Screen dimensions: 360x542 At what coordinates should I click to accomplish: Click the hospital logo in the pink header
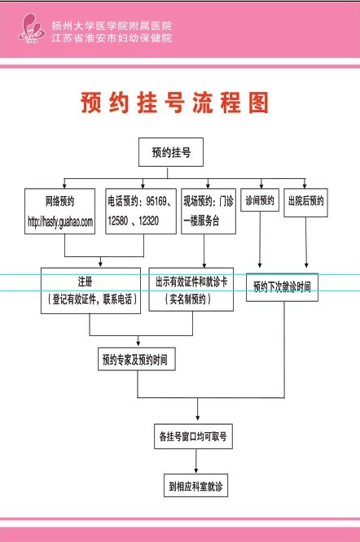[32, 28]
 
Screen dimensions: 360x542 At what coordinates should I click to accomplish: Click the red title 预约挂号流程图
[174, 103]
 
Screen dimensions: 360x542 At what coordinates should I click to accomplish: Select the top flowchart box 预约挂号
[171, 152]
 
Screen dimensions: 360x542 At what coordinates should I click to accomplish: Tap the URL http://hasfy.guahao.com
[60, 221]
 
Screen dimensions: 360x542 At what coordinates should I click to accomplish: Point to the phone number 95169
[156, 201]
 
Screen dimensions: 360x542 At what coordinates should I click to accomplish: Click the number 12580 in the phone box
[118, 221]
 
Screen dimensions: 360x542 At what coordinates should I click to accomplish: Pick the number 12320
[149, 221]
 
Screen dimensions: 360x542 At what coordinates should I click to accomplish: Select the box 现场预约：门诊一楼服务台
[209, 211]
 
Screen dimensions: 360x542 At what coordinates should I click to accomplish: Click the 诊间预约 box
[260, 200]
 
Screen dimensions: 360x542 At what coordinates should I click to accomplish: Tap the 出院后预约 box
[305, 203]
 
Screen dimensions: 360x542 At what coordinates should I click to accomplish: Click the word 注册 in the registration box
[85, 282]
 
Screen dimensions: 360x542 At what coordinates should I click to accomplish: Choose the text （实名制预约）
[188, 299]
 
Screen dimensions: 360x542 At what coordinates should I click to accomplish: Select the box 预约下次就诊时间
[282, 287]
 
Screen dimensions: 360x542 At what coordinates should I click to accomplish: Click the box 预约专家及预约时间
[137, 359]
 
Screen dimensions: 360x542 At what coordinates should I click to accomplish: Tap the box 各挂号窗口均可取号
[193, 436]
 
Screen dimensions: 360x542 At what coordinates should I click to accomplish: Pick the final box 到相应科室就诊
[195, 485]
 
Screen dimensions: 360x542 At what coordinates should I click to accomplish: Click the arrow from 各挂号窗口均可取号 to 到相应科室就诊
[196, 461]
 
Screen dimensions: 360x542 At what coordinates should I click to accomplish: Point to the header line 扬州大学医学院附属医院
[112, 25]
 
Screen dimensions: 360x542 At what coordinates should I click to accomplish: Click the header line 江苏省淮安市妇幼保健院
[112, 37]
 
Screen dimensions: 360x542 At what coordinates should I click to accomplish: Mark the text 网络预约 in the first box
[59, 201]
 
